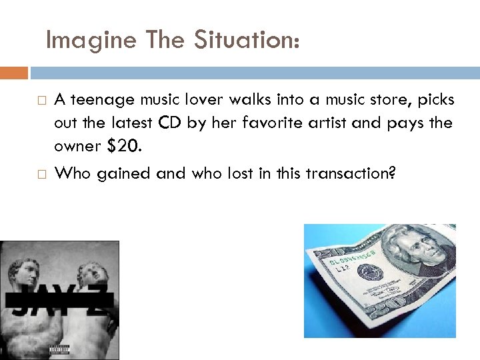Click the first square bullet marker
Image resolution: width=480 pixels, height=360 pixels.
tap(40, 101)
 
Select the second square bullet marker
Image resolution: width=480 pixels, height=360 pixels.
tap(40, 174)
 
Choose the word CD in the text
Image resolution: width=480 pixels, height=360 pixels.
tap(169, 123)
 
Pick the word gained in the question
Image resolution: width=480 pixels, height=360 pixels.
tap(124, 173)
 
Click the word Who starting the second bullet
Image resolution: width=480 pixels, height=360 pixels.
tap(73, 173)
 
